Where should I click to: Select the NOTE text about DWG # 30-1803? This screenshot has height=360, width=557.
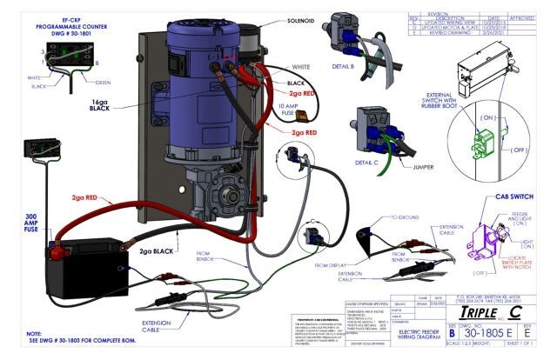point(78,338)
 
